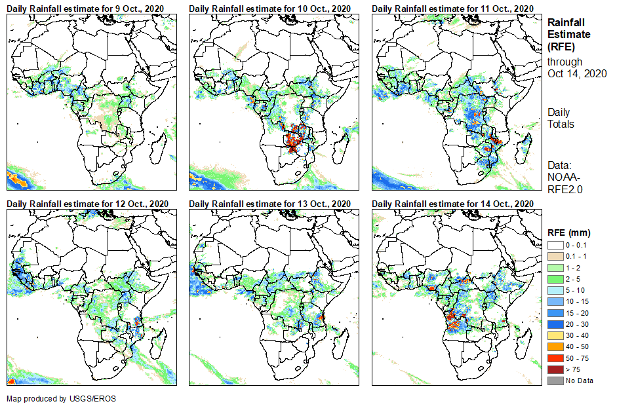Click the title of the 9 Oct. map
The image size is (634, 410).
click(x=86, y=8)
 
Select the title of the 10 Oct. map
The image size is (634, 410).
click(x=269, y=8)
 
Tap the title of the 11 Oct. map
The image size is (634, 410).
click(x=452, y=8)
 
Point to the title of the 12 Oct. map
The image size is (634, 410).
click(x=88, y=203)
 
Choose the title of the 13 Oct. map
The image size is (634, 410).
click(x=271, y=203)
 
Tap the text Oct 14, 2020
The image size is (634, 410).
click(x=577, y=73)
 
